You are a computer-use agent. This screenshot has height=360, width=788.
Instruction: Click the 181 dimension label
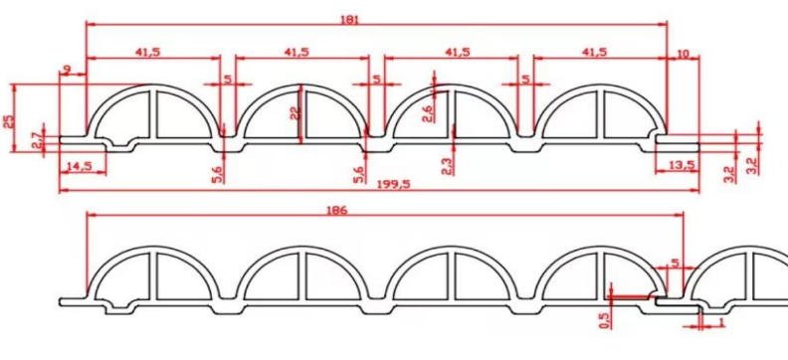pyautogui.click(x=349, y=20)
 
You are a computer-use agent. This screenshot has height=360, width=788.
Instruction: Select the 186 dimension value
pyautogui.click(x=336, y=211)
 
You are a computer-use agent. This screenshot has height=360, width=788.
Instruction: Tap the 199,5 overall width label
pyautogui.click(x=393, y=184)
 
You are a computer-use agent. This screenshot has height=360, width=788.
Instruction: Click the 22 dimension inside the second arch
pyautogui.click(x=295, y=114)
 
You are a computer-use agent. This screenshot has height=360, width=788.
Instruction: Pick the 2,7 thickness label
pyautogui.click(x=36, y=139)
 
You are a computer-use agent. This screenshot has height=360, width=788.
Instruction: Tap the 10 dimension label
pyautogui.click(x=684, y=55)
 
